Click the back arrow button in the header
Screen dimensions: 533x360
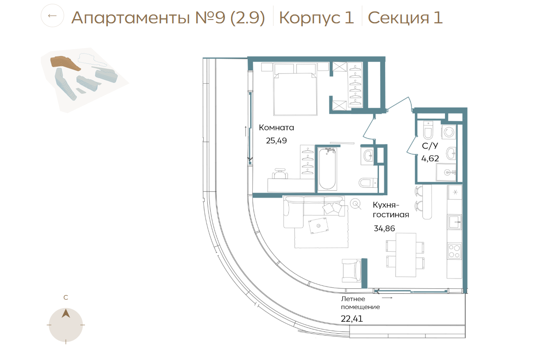[52, 16]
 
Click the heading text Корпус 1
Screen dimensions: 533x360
[316, 17]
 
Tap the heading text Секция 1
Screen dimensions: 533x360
[405, 17]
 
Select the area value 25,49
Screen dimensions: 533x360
[276, 141]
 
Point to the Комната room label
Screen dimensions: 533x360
[276, 128]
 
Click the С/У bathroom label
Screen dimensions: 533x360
[430, 146]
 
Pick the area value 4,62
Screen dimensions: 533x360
[430, 158]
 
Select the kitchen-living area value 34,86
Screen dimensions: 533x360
[384, 228]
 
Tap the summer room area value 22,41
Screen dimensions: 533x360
[352, 319]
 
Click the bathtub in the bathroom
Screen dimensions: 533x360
[327, 169]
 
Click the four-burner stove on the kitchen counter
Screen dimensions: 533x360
[454, 251]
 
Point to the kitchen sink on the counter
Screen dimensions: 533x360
[455, 222]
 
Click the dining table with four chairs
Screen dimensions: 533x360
[406, 255]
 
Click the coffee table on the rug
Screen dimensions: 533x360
[319, 225]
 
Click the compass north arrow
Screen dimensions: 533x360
[66, 313]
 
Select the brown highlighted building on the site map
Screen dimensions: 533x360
[65, 63]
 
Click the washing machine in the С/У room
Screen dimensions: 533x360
[449, 132]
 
